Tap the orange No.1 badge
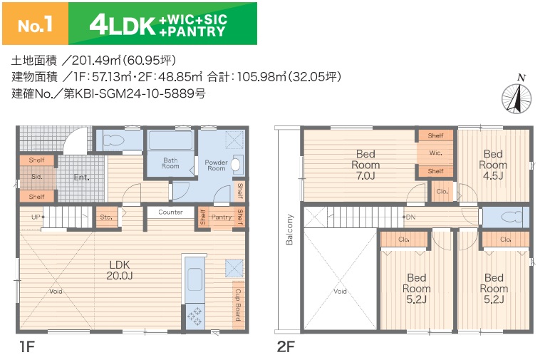35,24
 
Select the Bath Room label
170,163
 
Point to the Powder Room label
216,165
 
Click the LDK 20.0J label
120,270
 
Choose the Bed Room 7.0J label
365,165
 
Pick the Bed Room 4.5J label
493,165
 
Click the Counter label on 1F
170,212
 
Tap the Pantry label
222,217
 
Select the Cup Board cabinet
238,305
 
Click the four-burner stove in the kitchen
194,316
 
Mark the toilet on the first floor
114,140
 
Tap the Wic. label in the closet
435,153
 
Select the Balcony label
289,230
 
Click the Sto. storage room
106,217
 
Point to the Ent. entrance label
82,178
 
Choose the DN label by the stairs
410,217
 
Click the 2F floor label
286,347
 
